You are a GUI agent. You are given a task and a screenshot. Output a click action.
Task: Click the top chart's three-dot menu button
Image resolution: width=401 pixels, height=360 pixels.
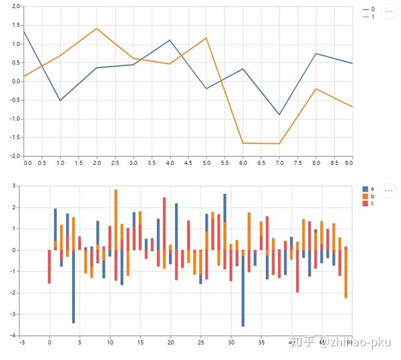(x=389, y=12)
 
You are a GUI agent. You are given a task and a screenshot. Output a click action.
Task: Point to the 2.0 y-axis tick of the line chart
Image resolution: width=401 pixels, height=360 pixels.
(x=16, y=7)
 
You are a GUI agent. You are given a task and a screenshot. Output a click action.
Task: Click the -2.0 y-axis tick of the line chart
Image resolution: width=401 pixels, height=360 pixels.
(x=15, y=156)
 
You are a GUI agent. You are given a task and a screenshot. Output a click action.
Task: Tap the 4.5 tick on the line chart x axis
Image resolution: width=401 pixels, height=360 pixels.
(x=188, y=162)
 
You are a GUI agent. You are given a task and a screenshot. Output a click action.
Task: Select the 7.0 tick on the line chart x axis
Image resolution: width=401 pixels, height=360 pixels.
(x=280, y=162)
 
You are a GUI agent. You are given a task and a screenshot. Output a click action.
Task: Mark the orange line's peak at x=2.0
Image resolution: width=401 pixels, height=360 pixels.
(x=97, y=29)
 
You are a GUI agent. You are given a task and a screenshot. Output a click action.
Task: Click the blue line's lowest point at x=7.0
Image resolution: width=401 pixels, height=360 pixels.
(x=280, y=115)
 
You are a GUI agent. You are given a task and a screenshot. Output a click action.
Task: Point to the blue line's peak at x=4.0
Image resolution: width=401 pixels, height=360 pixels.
(x=170, y=40)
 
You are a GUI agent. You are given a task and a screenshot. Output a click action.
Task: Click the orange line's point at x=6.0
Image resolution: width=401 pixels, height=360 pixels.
(x=243, y=143)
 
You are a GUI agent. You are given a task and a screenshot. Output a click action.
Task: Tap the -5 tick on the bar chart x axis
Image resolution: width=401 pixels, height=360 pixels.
(x=22, y=343)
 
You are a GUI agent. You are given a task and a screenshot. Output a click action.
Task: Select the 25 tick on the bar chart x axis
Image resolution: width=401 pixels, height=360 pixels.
(x=200, y=343)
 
